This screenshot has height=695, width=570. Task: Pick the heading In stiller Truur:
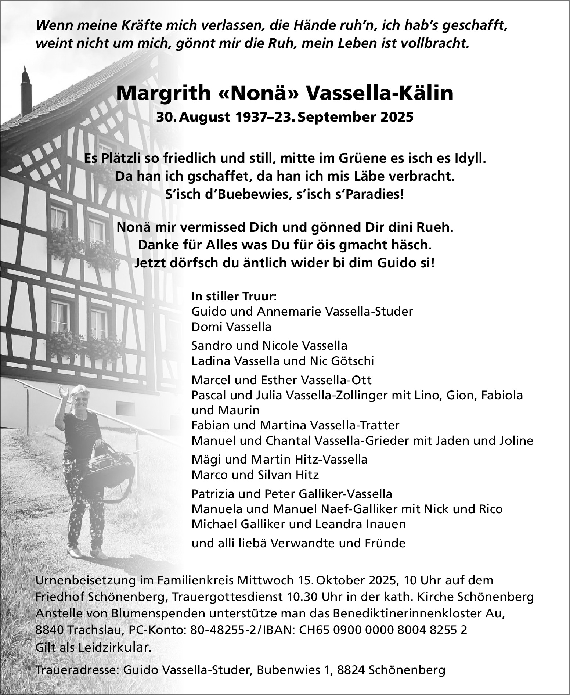click(x=234, y=296)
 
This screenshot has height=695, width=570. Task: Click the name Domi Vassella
click(x=231, y=327)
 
